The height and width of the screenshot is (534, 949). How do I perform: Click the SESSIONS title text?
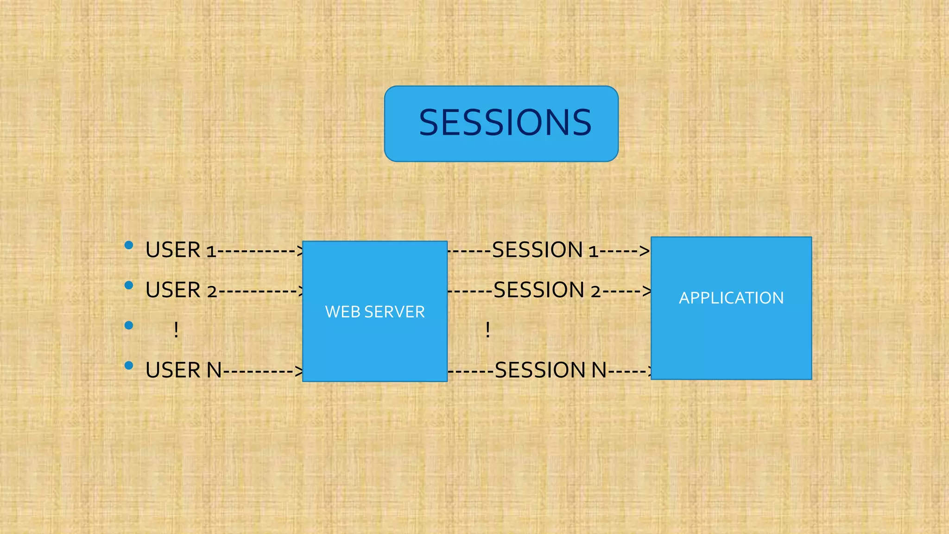point(505,123)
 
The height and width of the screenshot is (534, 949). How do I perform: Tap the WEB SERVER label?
point(375,312)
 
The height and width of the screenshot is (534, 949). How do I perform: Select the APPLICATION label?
point(731,298)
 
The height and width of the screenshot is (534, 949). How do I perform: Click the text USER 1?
point(181,250)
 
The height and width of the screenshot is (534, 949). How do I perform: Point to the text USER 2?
point(181,291)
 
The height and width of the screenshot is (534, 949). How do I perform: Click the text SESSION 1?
point(545,250)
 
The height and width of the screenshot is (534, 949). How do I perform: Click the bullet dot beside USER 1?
point(129,245)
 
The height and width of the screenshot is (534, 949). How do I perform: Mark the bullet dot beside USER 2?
point(129,286)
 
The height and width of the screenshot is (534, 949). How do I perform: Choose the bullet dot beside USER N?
point(129,366)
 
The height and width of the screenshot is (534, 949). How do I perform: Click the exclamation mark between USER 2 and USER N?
point(176,330)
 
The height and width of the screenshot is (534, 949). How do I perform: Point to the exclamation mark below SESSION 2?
point(487,330)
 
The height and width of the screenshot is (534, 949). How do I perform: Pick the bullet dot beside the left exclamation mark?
point(129,325)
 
